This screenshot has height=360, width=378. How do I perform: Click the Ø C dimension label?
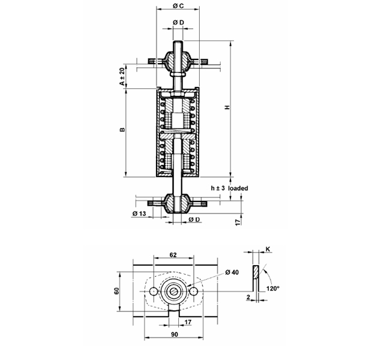coord(178,6)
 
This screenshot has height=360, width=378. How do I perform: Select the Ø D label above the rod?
coord(178,22)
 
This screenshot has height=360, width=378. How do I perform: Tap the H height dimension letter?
coord(227,107)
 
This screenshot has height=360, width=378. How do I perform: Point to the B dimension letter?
coord(122,130)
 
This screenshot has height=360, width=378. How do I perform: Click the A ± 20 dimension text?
coord(122,76)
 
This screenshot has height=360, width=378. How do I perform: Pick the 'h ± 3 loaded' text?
coord(229,188)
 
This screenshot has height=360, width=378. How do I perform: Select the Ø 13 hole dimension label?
coord(139,214)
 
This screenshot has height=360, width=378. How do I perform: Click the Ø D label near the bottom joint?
coord(194,220)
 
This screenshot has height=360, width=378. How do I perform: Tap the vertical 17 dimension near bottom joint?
coord(238,222)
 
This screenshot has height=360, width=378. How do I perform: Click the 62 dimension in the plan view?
coord(173,254)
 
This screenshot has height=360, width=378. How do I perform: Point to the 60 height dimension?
coord(116,291)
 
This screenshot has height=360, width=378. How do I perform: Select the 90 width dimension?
coord(175,334)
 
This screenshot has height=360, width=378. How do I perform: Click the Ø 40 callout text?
coord(232,272)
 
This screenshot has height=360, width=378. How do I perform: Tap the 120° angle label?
coord(272,289)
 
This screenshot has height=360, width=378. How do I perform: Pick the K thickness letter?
coord(268,249)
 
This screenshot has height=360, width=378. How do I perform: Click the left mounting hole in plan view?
coord(154,292)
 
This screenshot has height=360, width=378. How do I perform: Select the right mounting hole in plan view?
coord(193,292)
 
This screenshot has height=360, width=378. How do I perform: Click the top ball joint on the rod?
coord(178,61)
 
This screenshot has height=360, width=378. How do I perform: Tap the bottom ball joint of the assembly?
coord(178,203)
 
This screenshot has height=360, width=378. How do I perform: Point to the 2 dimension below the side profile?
coord(248,298)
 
